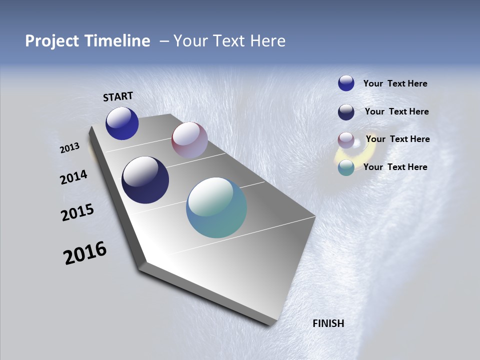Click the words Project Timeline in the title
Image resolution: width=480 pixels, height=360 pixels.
87,41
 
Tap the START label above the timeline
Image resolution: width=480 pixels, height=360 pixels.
118,96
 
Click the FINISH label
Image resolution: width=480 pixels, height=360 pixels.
328,323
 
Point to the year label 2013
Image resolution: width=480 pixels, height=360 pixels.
70,148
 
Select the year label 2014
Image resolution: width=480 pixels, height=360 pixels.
74,177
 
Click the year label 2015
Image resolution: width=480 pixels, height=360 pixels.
77,212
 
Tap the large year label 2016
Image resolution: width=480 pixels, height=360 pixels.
85,253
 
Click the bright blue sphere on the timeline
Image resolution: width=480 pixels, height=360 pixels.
122,123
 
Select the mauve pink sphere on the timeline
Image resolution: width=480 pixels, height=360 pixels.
189,140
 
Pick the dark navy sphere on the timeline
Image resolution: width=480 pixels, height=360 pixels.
145,180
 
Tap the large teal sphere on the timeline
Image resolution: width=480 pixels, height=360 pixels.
216,207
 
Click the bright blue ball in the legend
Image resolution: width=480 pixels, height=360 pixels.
346,83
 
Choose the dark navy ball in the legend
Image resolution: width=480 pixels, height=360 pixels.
346,112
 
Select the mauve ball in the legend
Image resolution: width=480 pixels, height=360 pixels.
346,140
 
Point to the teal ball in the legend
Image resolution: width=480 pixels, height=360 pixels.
346,167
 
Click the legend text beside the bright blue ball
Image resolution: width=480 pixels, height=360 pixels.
395,83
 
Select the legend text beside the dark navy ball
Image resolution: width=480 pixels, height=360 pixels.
396,111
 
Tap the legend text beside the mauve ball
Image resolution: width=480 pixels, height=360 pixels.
397,139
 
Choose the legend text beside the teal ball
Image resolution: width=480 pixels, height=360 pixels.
395,167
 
